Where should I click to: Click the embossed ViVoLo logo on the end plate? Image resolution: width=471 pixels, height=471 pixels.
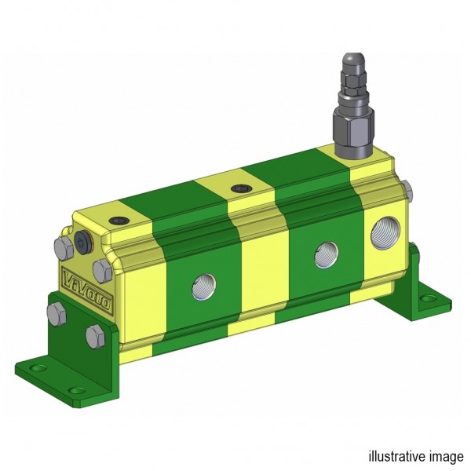pyautogui.click(x=87, y=290)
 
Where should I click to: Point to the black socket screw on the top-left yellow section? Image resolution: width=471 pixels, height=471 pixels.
pyautogui.click(x=120, y=221)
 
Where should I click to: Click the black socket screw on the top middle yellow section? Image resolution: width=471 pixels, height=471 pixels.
pyautogui.click(x=241, y=189)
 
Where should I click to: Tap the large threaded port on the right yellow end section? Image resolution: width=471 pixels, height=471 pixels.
pyautogui.click(x=385, y=233)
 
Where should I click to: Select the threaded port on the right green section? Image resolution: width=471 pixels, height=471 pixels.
pyautogui.click(x=327, y=255)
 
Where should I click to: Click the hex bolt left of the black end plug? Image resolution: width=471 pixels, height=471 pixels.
pyautogui.click(x=64, y=249)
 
